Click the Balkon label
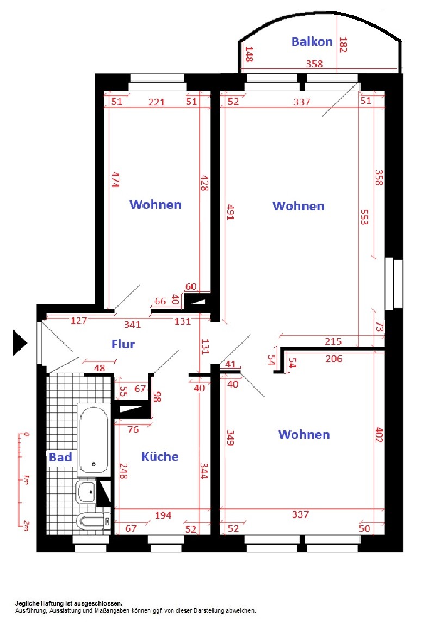point(312,41)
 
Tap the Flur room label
point(123,344)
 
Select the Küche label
point(160,457)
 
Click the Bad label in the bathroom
point(60,457)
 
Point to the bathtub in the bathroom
point(94,440)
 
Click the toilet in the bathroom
point(93,521)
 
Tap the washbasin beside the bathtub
point(86,491)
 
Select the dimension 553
point(364,217)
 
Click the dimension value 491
point(230,212)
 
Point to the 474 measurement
point(115,179)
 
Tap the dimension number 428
point(204,183)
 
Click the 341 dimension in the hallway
point(132,325)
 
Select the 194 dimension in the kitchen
point(163,515)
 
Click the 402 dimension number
point(379,435)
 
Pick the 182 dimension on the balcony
point(343,44)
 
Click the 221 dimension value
point(157,102)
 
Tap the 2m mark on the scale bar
point(26,525)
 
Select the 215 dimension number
point(333,341)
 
